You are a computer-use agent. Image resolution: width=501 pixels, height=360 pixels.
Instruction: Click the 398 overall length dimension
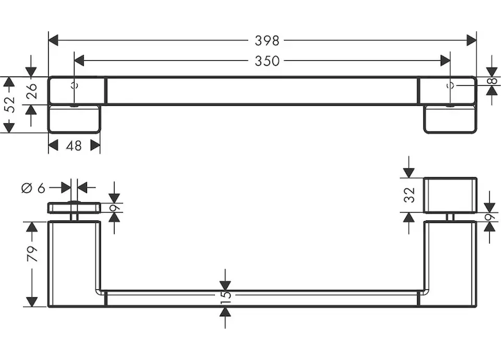click(267, 41)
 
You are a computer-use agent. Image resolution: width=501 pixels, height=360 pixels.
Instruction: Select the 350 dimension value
click(267, 61)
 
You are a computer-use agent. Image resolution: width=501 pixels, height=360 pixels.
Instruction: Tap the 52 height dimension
click(8, 105)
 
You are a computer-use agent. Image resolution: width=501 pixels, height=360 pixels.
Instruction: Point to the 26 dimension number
click(31, 91)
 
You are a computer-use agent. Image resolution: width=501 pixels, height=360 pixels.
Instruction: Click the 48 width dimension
click(74, 146)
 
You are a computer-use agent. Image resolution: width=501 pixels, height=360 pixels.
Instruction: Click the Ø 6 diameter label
click(34, 187)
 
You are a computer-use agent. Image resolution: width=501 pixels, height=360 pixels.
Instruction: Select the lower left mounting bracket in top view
click(74, 119)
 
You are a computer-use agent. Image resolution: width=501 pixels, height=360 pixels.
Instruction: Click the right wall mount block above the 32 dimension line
click(450, 195)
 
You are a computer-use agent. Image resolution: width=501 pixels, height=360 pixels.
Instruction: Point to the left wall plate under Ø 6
click(74, 208)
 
